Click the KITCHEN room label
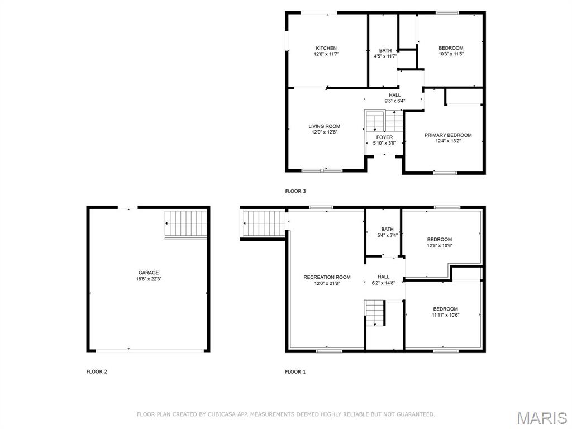(x=326, y=48)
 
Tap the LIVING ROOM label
(x=325, y=126)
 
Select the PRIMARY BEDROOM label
(x=448, y=135)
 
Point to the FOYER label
(x=384, y=137)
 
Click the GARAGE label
(x=149, y=273)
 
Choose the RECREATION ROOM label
(x=327, y=277)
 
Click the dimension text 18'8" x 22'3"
(x=149, y=279)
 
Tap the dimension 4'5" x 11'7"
(x=385, y=56)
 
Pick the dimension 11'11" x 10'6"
(x=445, y=315)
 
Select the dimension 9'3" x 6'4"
(x=395, y=101)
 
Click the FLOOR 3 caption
(x=295, y=191)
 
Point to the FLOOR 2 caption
(x=97, y=371)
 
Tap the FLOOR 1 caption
(x=295, y=371)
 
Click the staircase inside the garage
(x=186, y=223)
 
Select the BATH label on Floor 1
(x=388, y=230)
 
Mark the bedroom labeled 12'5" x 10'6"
(x=440, y=242)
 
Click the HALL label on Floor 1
(x=383, y=277)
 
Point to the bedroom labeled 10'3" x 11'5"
(x=451, y=51)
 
